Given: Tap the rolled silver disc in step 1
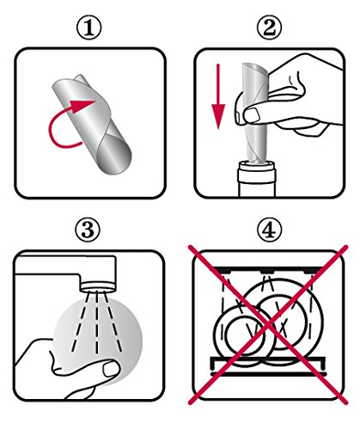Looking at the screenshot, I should pyautogui.click(x=92, y=121).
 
